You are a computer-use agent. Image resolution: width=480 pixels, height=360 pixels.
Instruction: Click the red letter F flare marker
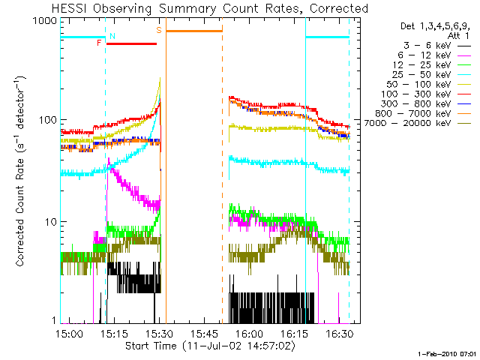click(x=100, y=43)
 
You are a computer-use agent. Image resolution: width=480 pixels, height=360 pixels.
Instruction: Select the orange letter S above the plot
click(x=159, y=31)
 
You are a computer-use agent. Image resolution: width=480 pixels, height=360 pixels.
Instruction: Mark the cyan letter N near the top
click(x=112, y=36)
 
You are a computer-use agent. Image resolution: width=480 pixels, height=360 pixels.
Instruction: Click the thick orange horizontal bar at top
click(x=193, y=31)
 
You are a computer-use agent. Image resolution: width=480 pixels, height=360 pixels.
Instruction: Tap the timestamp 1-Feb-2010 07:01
click(x=447, y=352)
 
